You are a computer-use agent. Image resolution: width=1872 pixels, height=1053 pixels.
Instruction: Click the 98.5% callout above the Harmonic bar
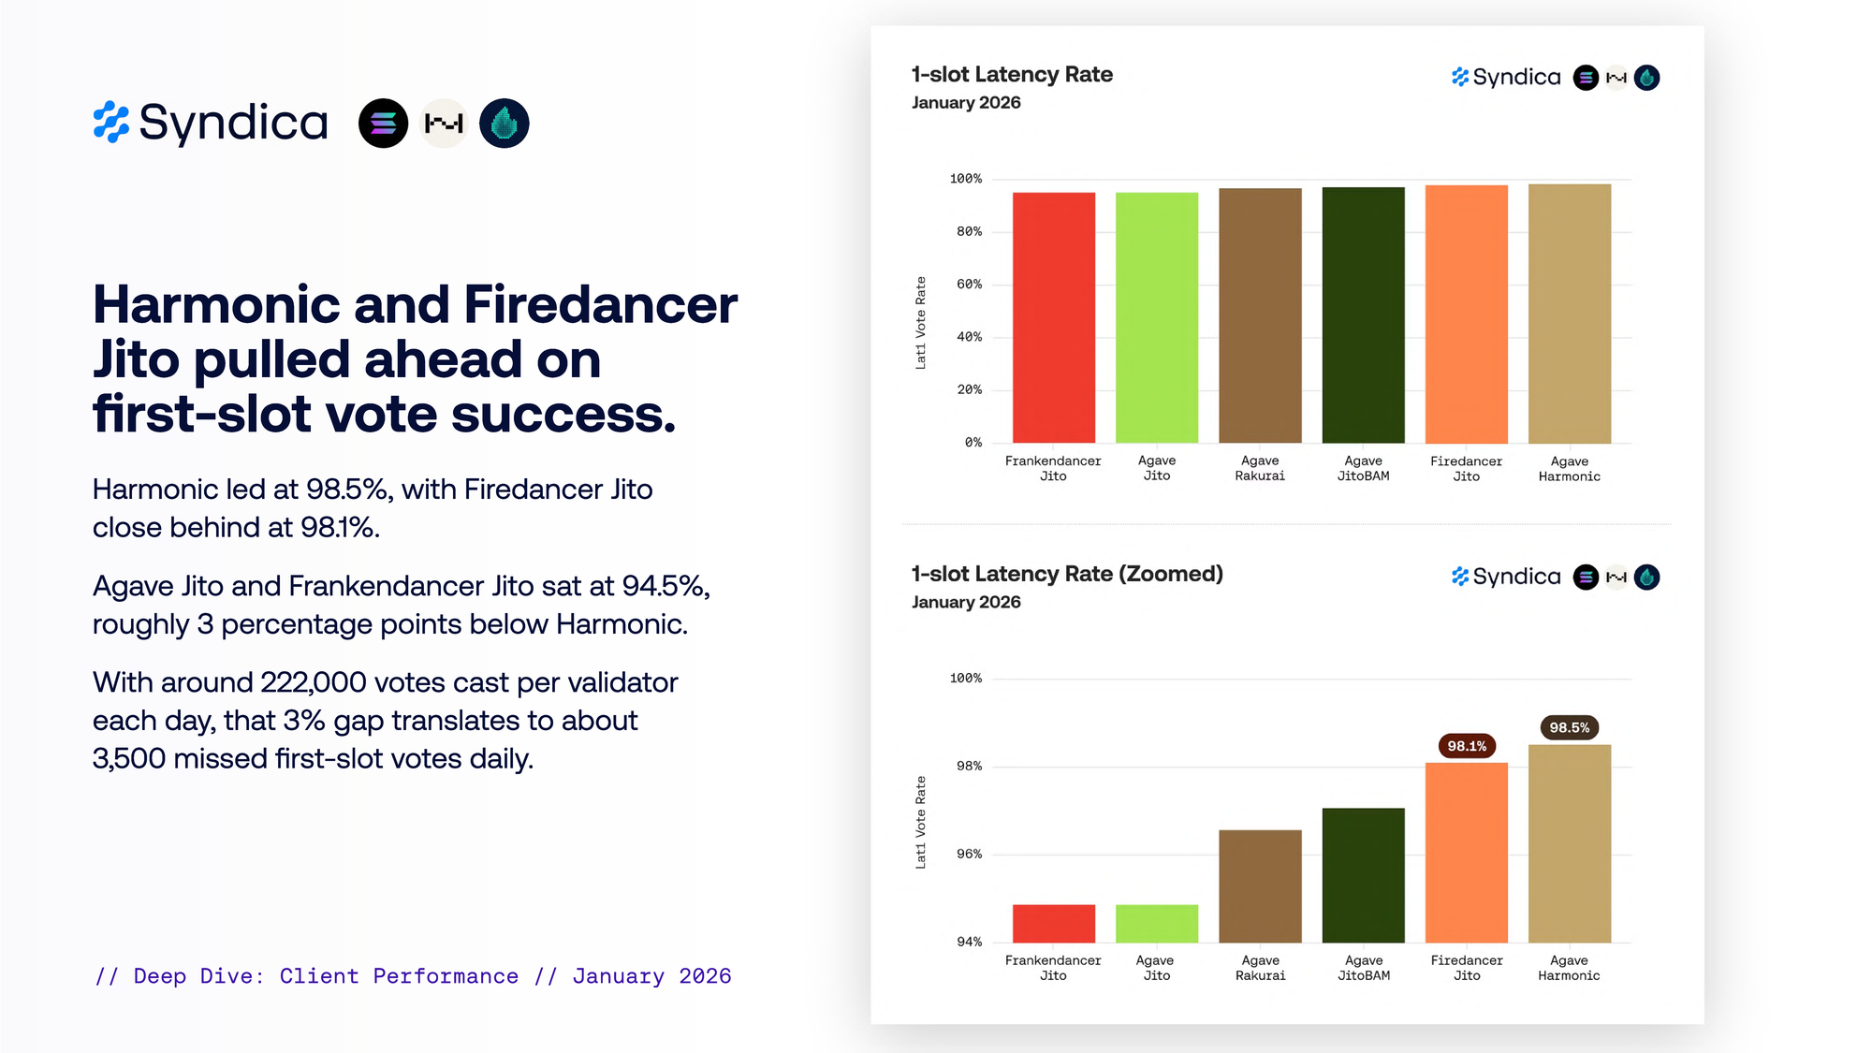[x=1569, y=727]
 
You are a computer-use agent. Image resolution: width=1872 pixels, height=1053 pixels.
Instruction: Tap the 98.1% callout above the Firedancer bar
[x=1467, y=746]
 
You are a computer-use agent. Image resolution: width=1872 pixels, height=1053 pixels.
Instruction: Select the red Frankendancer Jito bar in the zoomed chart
[x=1053, y=923]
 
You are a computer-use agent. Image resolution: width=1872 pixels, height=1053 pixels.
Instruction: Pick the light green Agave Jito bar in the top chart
[x=1156, y=317]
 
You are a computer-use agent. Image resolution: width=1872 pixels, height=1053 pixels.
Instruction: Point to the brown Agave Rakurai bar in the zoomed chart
[x=1260, y=885]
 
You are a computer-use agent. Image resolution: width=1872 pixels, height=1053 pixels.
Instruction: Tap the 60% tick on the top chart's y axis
[x=969, y=285]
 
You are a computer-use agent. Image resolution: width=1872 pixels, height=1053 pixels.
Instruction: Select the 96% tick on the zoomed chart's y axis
[x=969, y=854]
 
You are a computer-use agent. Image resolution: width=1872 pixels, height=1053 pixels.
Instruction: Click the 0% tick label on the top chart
[x=973, y=443]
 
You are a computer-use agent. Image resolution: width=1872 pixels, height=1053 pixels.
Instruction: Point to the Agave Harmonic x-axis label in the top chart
[x=1569, y=469]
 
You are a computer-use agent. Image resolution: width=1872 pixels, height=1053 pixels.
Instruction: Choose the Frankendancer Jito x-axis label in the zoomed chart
[x=1053, y=968]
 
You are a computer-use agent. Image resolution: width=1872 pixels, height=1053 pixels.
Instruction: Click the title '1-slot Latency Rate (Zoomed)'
[x=1067, y=574]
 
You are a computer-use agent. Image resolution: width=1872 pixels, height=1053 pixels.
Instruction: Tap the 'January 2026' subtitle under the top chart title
[x=966, y=103]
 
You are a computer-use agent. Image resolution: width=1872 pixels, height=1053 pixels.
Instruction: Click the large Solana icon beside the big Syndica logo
[x=383, y=124]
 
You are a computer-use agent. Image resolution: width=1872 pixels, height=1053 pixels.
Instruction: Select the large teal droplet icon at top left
[x=504, y=124]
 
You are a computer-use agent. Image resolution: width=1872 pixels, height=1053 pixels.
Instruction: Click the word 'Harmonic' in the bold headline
[x=216, y=305]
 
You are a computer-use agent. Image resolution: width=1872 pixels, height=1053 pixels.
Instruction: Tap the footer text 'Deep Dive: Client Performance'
[x=326, y=976]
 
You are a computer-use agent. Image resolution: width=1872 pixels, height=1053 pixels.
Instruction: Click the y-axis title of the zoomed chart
[x=920, y=822]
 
